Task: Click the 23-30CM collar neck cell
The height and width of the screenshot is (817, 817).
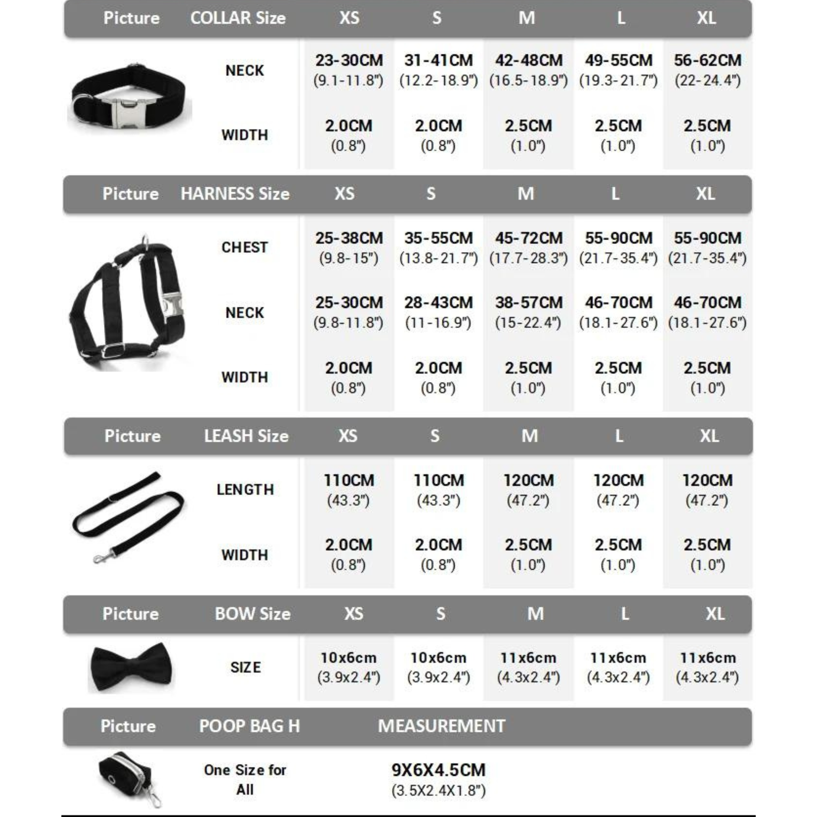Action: [x=349, y=69]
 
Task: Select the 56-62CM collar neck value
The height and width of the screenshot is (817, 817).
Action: [x=707, y=69]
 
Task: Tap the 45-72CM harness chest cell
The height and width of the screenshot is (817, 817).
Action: [x=528, y=247]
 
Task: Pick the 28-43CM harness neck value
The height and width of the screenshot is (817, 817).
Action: [x=438, y=312]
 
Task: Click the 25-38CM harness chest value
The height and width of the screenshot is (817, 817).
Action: [x=349, y=247]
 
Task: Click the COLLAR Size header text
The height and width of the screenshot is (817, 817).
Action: [x=238, y=18]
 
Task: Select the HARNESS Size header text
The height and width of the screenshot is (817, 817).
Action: [x=235, y=194]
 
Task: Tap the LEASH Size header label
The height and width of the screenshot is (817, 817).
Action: [x=246, y=436]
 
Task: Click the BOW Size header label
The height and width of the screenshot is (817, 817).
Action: [x=253, y=613]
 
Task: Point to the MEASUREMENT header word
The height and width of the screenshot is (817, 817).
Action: [x=442, y=726]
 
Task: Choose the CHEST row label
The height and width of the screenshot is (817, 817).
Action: [x=244, y=247]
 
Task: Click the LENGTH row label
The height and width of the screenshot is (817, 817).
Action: [x=245, y=490]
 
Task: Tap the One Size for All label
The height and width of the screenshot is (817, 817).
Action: [x=245, y=779]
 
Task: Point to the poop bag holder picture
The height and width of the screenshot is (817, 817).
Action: [x=129, y=778]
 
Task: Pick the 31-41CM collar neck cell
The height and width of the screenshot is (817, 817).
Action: [x=438, y=69]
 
